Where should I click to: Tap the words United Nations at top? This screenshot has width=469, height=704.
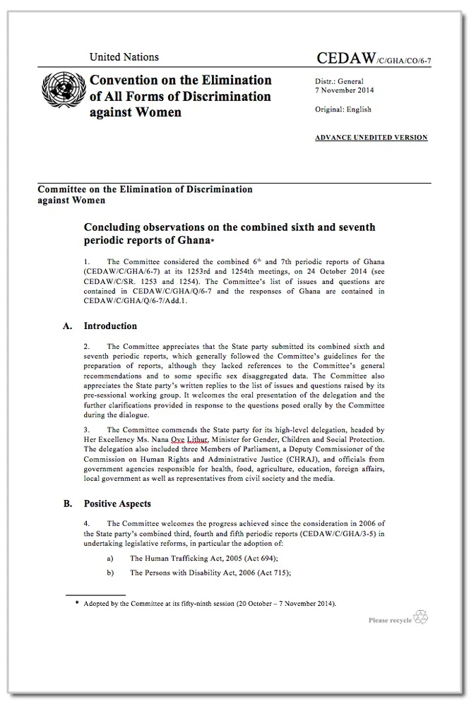(124, 57)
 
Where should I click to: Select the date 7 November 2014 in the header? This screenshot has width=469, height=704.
(345, 90)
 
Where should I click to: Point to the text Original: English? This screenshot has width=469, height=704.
(343, 109)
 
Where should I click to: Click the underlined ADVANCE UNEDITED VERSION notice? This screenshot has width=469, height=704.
(371, 138)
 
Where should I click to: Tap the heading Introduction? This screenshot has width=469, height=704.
(110, 326)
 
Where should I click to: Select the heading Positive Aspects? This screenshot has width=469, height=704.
(117, 504)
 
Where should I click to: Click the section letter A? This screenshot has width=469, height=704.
(67, 326)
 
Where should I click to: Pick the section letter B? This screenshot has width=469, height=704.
(67, 504)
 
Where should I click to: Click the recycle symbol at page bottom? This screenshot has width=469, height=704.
(421, 616)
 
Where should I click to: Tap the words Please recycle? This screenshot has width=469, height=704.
(389, 621)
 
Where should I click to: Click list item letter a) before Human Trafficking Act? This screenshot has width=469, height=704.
(110, 558)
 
